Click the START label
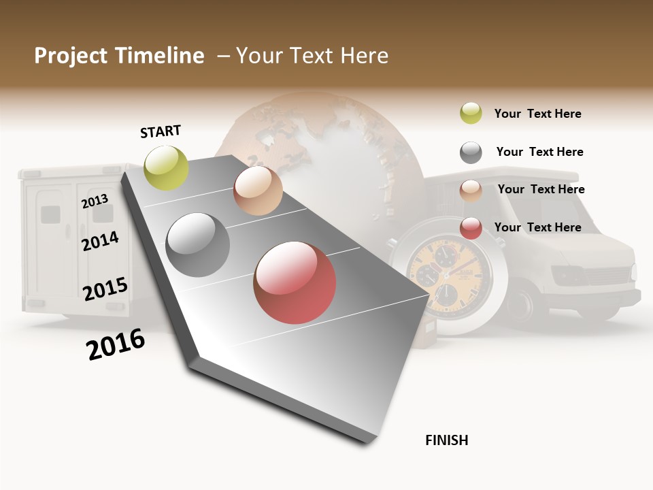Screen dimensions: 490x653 161,131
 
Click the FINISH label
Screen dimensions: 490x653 446,440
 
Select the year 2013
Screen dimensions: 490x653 95,201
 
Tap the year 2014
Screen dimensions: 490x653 100,241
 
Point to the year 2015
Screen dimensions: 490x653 105,289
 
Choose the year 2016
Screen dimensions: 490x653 116,344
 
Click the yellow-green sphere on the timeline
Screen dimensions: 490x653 167,167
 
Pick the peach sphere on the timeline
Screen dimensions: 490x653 258,191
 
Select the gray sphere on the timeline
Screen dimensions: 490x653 198,245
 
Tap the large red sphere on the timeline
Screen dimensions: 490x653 295,282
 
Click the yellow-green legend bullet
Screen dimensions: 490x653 471,114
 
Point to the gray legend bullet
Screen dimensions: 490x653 471,152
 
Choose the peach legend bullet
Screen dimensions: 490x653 471,190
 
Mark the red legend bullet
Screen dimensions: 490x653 471,228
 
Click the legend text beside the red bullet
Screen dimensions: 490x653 537,227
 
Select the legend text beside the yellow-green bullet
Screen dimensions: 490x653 537,114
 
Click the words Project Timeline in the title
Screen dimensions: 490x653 119,56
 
